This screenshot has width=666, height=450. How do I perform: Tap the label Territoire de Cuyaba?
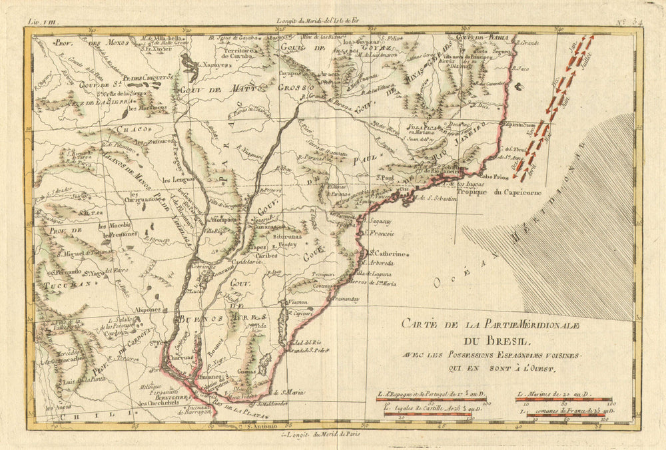click(x=241, y=53)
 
